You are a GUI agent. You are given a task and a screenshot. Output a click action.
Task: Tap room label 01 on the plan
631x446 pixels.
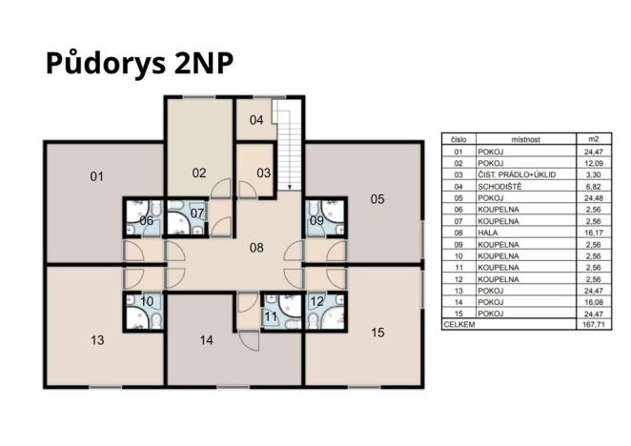coord(96,176)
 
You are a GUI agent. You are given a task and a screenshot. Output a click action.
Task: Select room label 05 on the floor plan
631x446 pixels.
coord(377,199)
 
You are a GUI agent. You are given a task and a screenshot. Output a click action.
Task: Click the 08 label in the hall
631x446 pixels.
coord(256,248)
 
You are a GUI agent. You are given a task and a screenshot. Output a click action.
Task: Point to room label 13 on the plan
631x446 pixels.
coord(97,340)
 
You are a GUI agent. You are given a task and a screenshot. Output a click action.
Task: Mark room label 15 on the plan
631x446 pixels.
coord(377,333)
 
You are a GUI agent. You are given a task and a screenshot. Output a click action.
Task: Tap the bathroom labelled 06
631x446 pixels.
coord(146,220)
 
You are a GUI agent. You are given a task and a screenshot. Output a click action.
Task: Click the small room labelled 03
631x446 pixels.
coord(263,173)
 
